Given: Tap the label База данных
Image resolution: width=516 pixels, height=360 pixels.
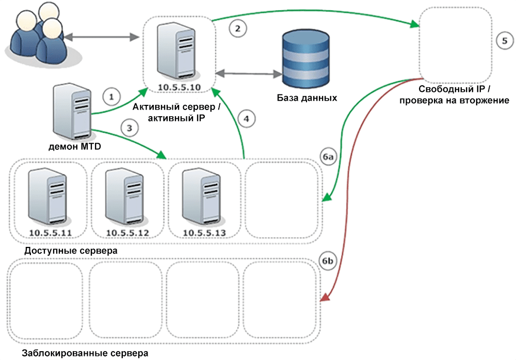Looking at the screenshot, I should pyautogui.click(x=307, y=98).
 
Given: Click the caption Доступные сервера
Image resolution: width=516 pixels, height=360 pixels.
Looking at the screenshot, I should pyautogui.click(x=70, y=251).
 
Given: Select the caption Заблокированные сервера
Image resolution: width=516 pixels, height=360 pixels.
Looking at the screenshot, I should pyautogui.click(x=85, y=354).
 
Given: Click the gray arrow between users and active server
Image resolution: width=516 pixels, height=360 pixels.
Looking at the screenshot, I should pyautogui.click(x=100, y=37).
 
